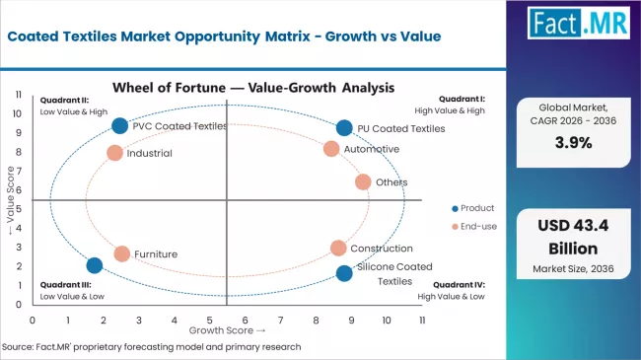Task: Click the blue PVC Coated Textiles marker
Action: click(119, 125)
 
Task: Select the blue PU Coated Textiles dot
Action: click(343, 127)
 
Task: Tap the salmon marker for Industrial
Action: click(114, 153)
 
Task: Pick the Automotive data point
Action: click(331, 149)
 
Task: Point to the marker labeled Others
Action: click(363, 181)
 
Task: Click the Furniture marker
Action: click(121, 253)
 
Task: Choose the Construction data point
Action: click(338, 249)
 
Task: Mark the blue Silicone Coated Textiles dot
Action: click(343, 273)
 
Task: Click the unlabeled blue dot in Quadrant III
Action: click(95, 265)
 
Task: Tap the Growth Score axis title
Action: click(228, 330)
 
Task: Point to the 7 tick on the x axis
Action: click(280, 320)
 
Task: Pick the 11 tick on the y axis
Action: click(19, 94)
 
